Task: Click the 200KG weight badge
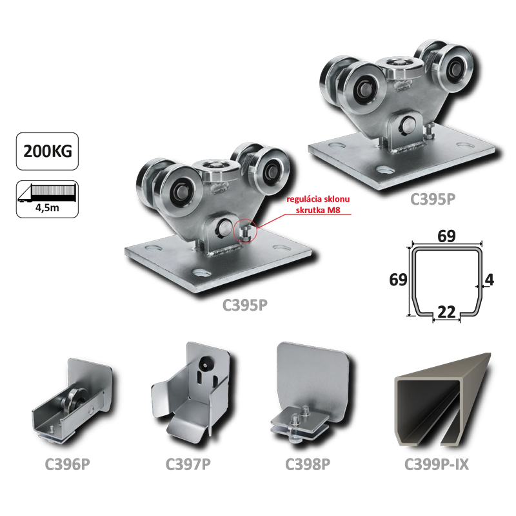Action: [x=47, y=151]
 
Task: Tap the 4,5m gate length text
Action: [x=47, y=208]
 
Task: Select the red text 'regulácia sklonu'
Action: [x=318, y=199]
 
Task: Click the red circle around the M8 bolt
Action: [x=244, y=231]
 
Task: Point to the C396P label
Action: [x=67, y=464]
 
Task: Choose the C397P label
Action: [x=188, y=464]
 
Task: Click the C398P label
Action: [x=308, y=464]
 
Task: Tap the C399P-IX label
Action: [x=437, y=464]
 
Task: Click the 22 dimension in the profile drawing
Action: [x=446, y=312]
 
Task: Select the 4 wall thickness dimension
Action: [x=490, y=280]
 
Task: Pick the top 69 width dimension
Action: [x=446, y=236]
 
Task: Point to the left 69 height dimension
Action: [x=398, y=280]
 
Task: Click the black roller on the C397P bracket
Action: [x=206, y=362]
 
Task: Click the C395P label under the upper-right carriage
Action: [x=433, y=199]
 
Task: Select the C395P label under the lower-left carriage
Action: [x=245, y=305]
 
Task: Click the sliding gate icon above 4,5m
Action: [x=47, y=192]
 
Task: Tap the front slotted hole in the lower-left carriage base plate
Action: [x=201, y=273]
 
